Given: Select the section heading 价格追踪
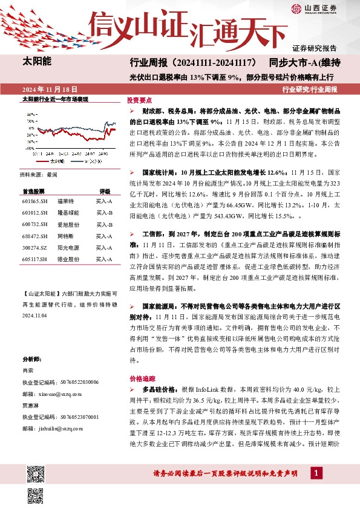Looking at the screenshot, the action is click(x=139, y=378).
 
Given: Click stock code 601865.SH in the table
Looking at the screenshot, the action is click(x=34, y=201).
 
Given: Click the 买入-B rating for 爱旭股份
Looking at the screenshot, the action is click(x=104, y=224).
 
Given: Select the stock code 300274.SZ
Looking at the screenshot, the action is click(x=34, y=247).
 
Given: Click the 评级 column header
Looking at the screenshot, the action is click(x=105, y=189).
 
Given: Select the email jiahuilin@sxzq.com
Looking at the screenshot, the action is click(x=53, y=429).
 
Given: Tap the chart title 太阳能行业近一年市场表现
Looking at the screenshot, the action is click(x=55, y=98).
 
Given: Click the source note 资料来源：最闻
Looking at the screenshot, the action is click(x=38, y=174).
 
